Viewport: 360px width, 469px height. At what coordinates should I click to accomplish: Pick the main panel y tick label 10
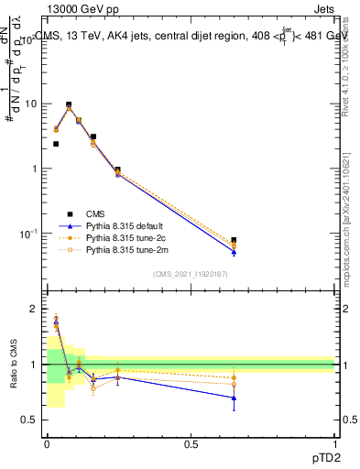click(x=31, y=104)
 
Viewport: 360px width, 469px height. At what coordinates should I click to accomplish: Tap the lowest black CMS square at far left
click(x=56, y=144)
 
